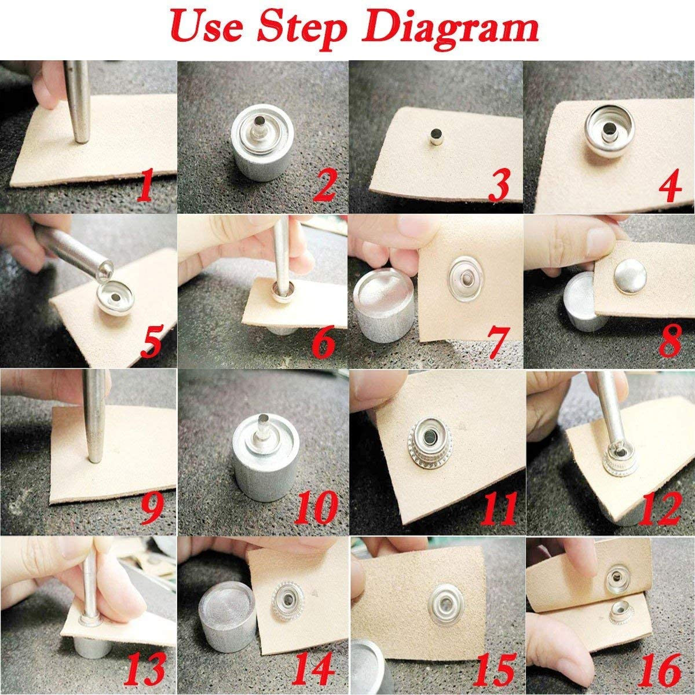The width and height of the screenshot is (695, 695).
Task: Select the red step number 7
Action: [x=496, y=343]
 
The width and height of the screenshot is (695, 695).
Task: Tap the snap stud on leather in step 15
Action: [x=447, y=606]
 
